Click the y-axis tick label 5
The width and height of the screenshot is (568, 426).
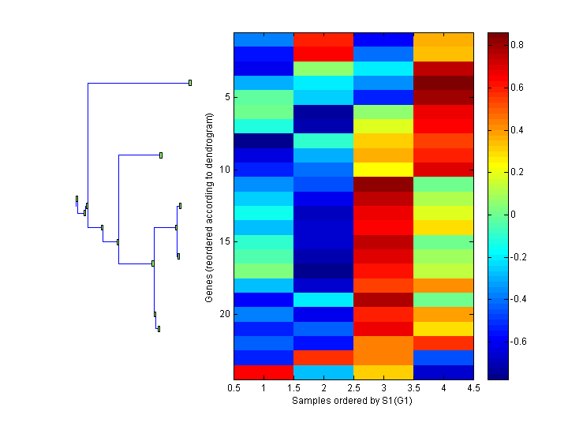click(x=226, y=97)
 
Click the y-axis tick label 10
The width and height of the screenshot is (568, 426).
click(x=224, y=170)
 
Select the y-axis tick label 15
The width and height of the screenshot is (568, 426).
click(x=224, y=241)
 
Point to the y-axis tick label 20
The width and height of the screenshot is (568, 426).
click(x=224, y=314)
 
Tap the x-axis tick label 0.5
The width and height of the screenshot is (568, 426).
click(x=234, y=389)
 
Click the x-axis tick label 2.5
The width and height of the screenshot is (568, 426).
click(x=353, y=389)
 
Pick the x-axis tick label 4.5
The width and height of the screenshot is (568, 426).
click(x=473, y=389)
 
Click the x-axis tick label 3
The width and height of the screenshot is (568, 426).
click(x=383, y=389)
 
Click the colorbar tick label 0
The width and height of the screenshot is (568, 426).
click(x=514, y=215)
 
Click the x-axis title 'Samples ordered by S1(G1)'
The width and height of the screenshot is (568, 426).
click(x=353, y=401)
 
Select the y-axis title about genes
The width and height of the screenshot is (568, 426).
click(x=210, y=207)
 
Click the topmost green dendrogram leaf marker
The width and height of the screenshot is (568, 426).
click(x=190, y=82)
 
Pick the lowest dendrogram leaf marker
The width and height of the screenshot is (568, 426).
click(x=159, y=329)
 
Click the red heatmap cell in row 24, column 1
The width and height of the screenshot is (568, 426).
click(x=263, y=372)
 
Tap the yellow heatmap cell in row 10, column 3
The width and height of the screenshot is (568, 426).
click(x=383, y=170)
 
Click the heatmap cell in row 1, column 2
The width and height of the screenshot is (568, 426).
click(x=323, y=39)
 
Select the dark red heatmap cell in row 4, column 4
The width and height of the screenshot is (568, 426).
click(x=443, y=83)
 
